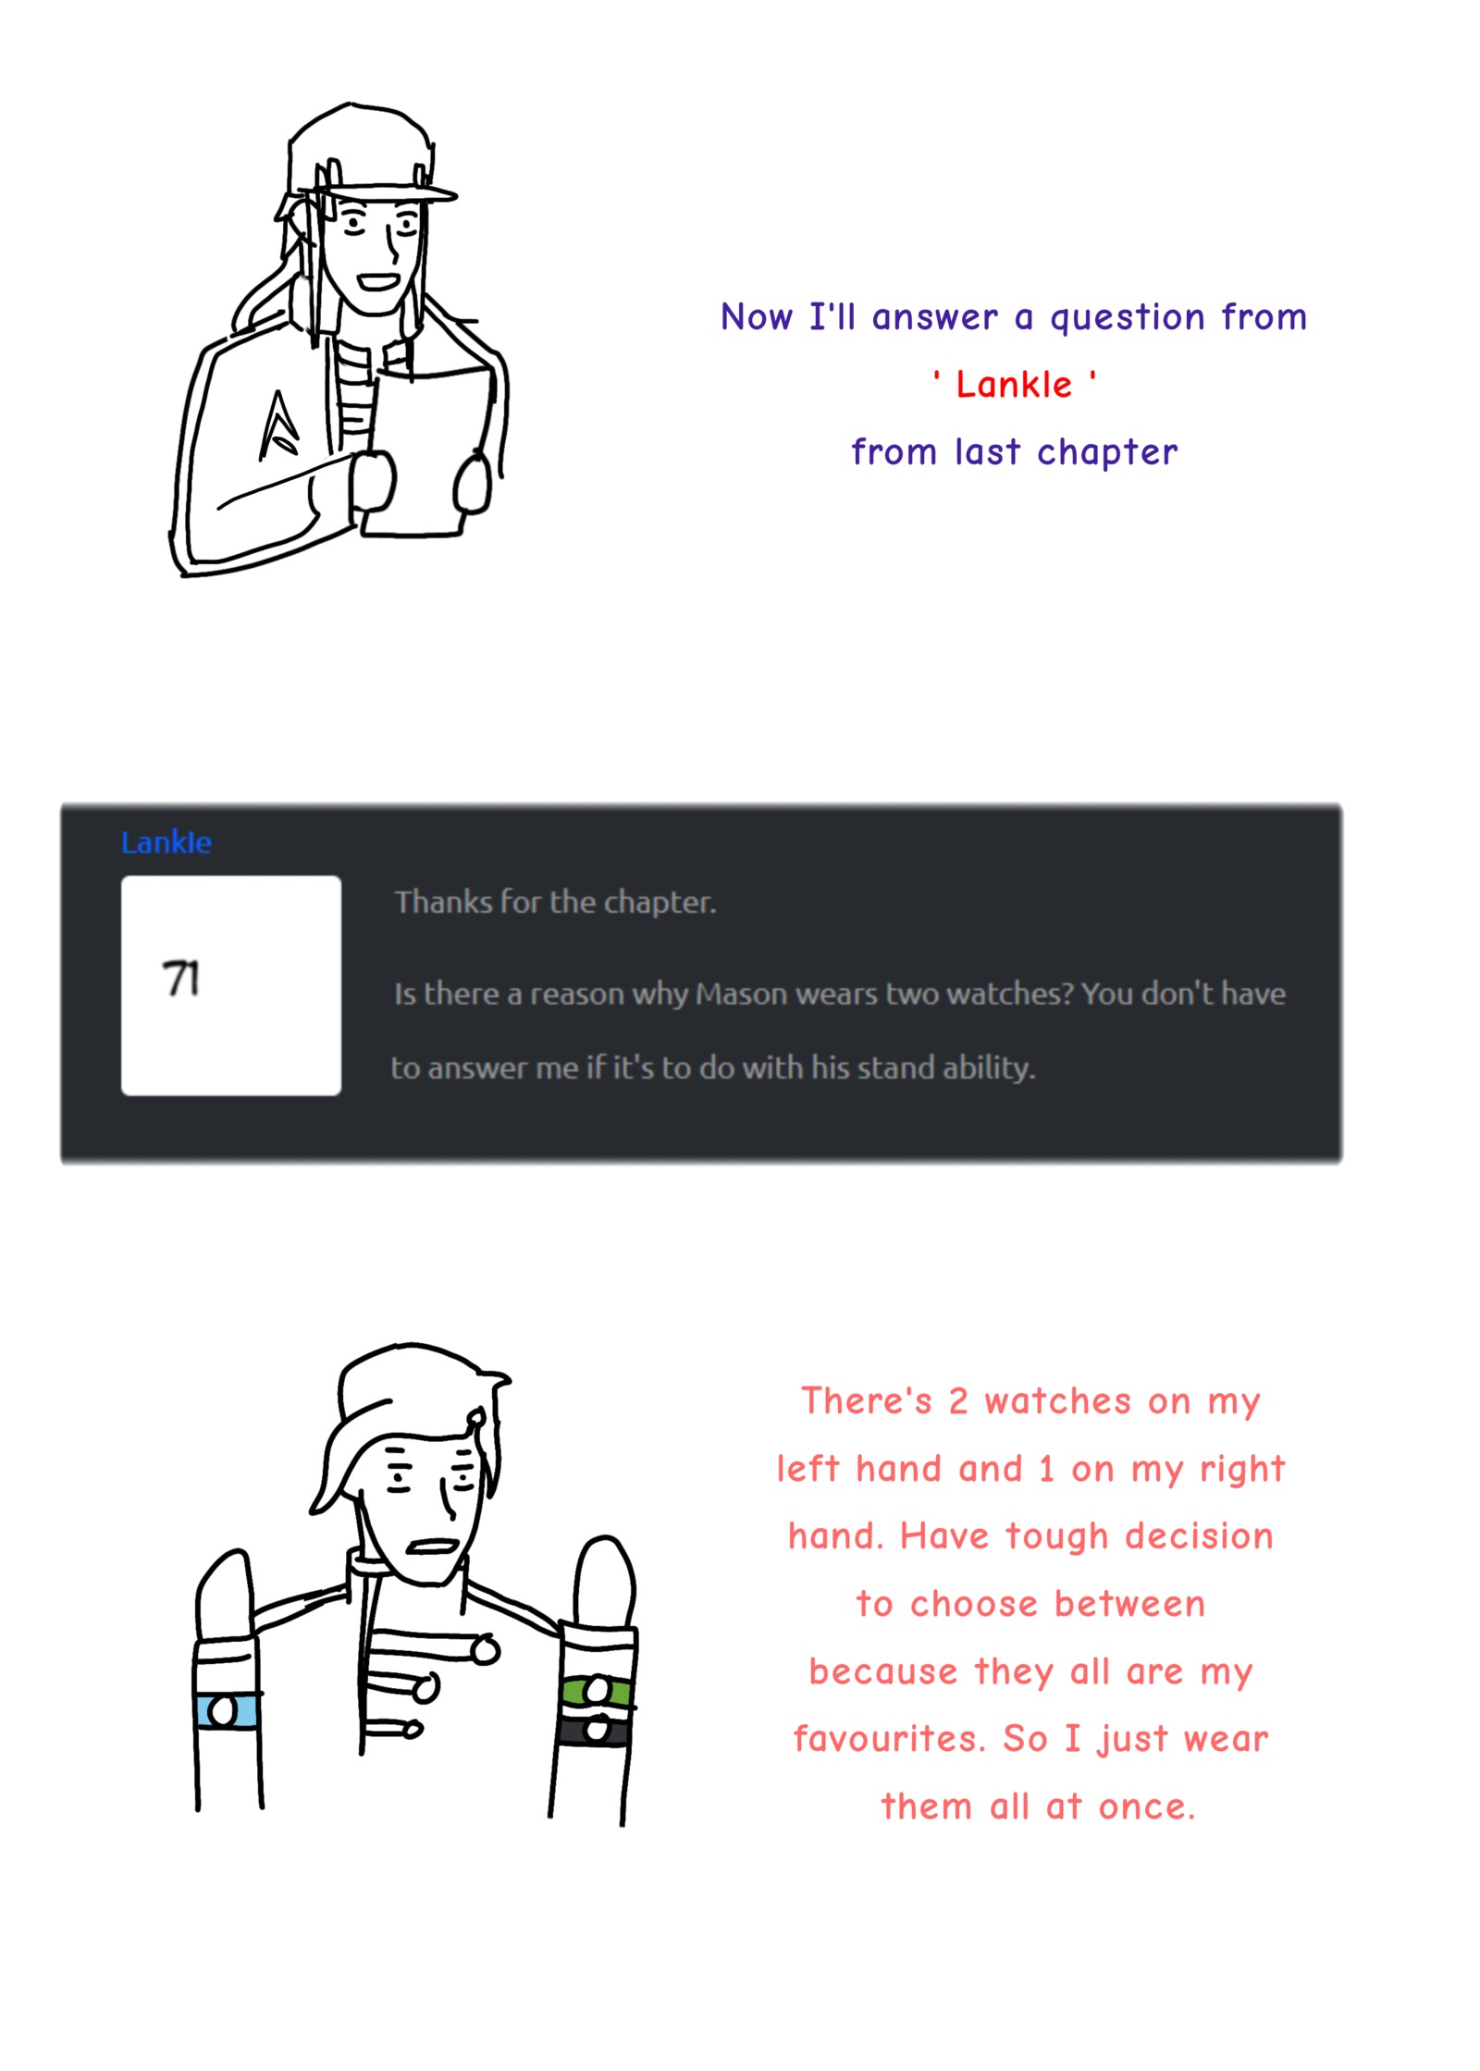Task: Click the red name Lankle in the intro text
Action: pos(1013,384)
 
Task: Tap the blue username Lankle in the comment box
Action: pos(166,842)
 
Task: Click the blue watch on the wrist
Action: pos(226,1709)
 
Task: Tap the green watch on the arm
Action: pos(598,1692)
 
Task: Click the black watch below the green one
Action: pos(595,1729)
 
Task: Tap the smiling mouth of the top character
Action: pos(378,281)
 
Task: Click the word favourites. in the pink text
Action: pos(889,1739)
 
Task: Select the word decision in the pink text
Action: pos(1199,1536)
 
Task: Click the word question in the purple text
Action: pos(1128,318)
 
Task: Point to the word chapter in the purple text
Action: pos(1107,452)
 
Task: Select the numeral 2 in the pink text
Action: pos(957,1401)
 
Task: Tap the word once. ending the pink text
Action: pos(1147,1806)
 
